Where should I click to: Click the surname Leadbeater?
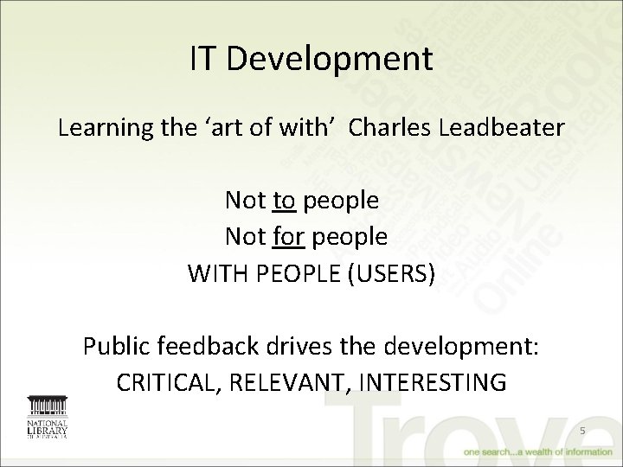(511, 129)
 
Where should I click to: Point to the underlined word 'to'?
(285, 201)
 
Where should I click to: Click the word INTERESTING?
(441, 382)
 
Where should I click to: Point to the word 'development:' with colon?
(459, 346)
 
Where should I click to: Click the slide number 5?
(582, 430)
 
